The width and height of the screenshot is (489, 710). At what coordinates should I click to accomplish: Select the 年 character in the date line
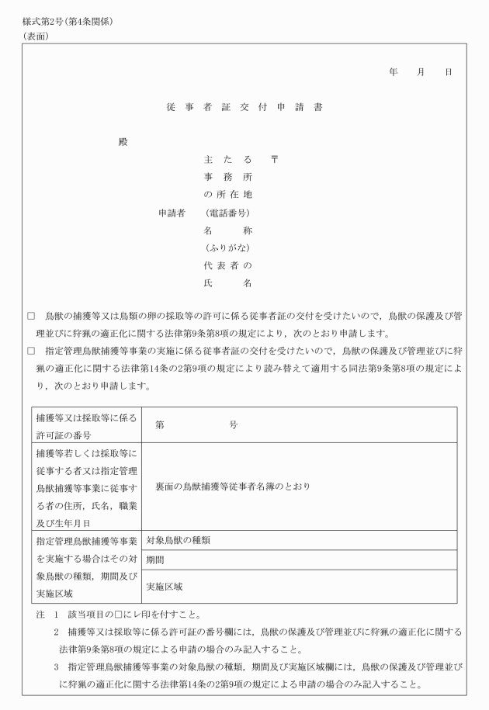pyautogui.click(x=394, y=71)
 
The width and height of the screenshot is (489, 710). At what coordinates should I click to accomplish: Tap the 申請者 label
pyautogui.click(x=172, y=212)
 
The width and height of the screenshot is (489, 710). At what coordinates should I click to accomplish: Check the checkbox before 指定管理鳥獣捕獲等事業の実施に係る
pyautogui.click(x=31, y=351)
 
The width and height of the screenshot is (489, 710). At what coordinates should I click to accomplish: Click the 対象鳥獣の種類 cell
pyautogui.click(x=183, y=540)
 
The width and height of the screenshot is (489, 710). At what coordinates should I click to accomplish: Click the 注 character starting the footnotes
pyautogui.click(x=40, y=614)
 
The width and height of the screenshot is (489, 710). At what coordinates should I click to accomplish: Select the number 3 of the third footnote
pyautogui.click(x=57, y=668)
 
